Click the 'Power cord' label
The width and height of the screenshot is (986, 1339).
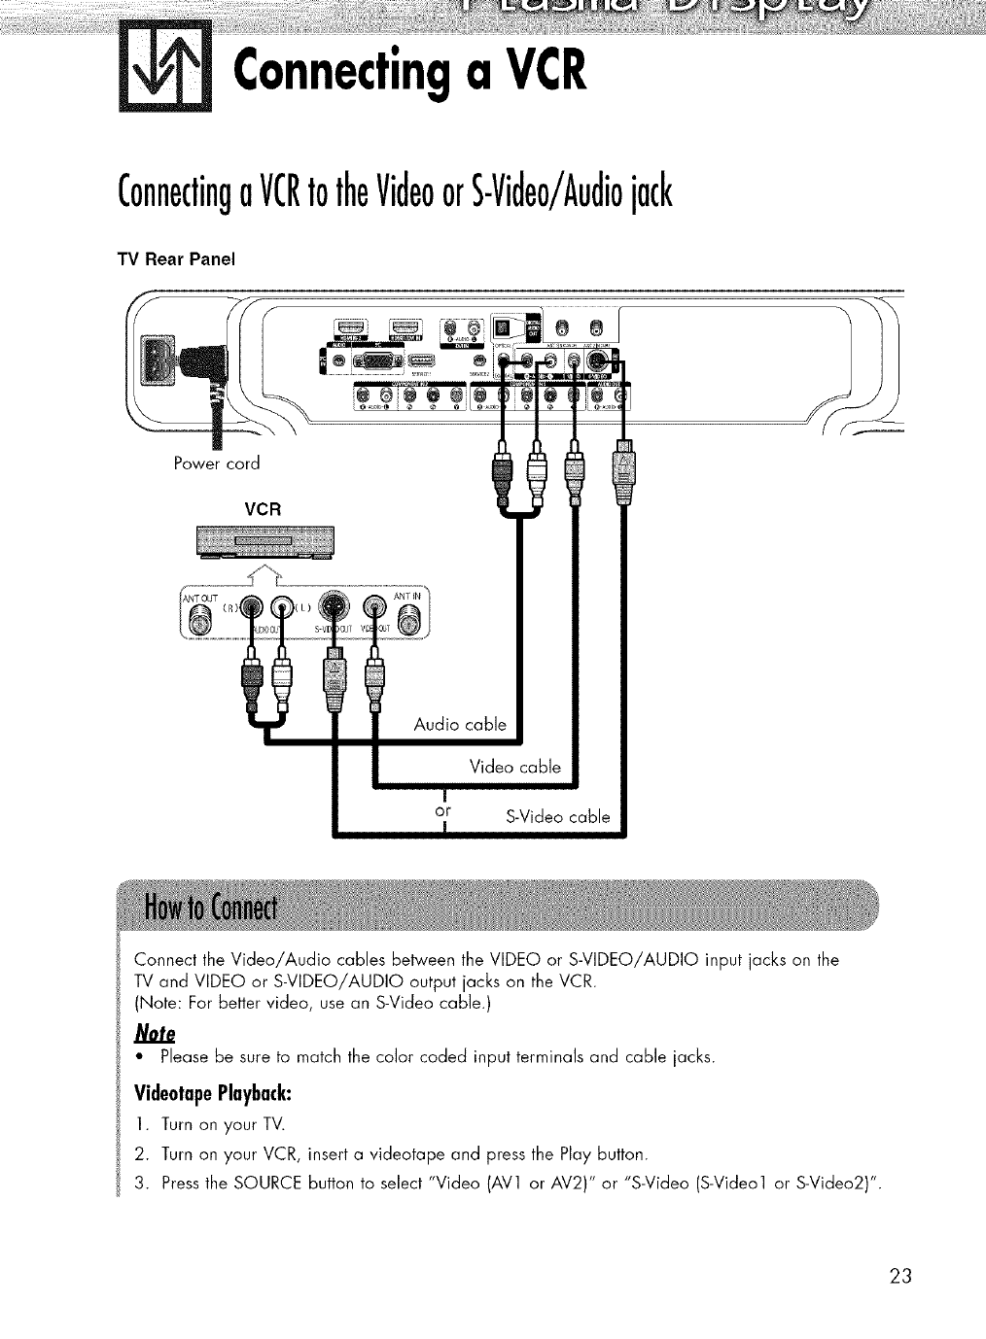215,463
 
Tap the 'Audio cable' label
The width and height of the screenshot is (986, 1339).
459,724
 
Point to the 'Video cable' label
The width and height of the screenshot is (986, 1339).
514,767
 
